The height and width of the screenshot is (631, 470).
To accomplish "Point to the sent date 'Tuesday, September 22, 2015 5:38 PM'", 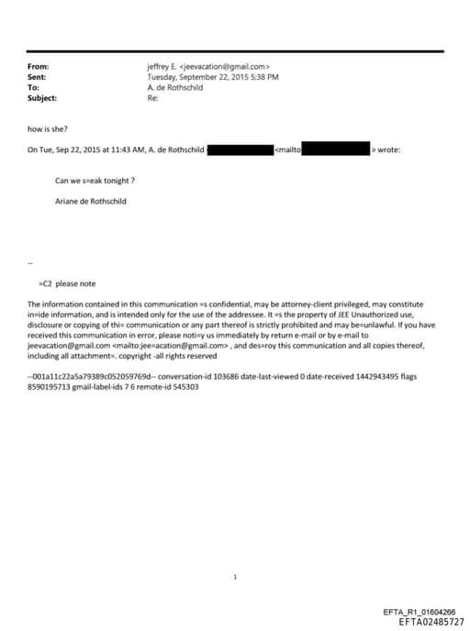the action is click(213, 77).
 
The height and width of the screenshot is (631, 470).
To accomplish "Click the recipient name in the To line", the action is click(175, 88).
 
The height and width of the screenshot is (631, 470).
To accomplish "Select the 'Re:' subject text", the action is click(153, 98).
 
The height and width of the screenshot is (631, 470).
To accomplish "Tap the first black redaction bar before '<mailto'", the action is click(241, 149).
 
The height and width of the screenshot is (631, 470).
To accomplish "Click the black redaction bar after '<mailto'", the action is click(335, 149).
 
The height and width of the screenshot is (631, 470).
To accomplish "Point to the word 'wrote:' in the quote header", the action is click(388, 149).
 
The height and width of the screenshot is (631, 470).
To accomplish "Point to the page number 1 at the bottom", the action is click(235, 577).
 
